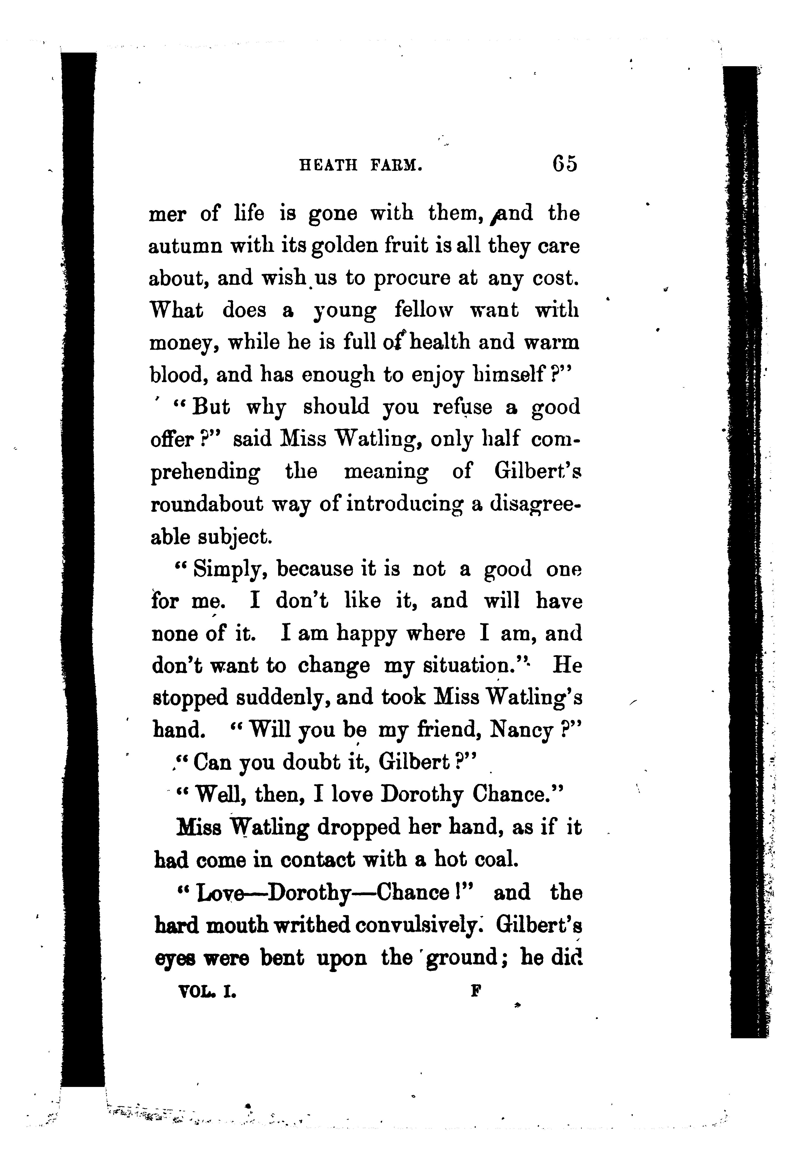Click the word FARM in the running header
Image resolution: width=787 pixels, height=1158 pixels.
click(397, 165)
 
